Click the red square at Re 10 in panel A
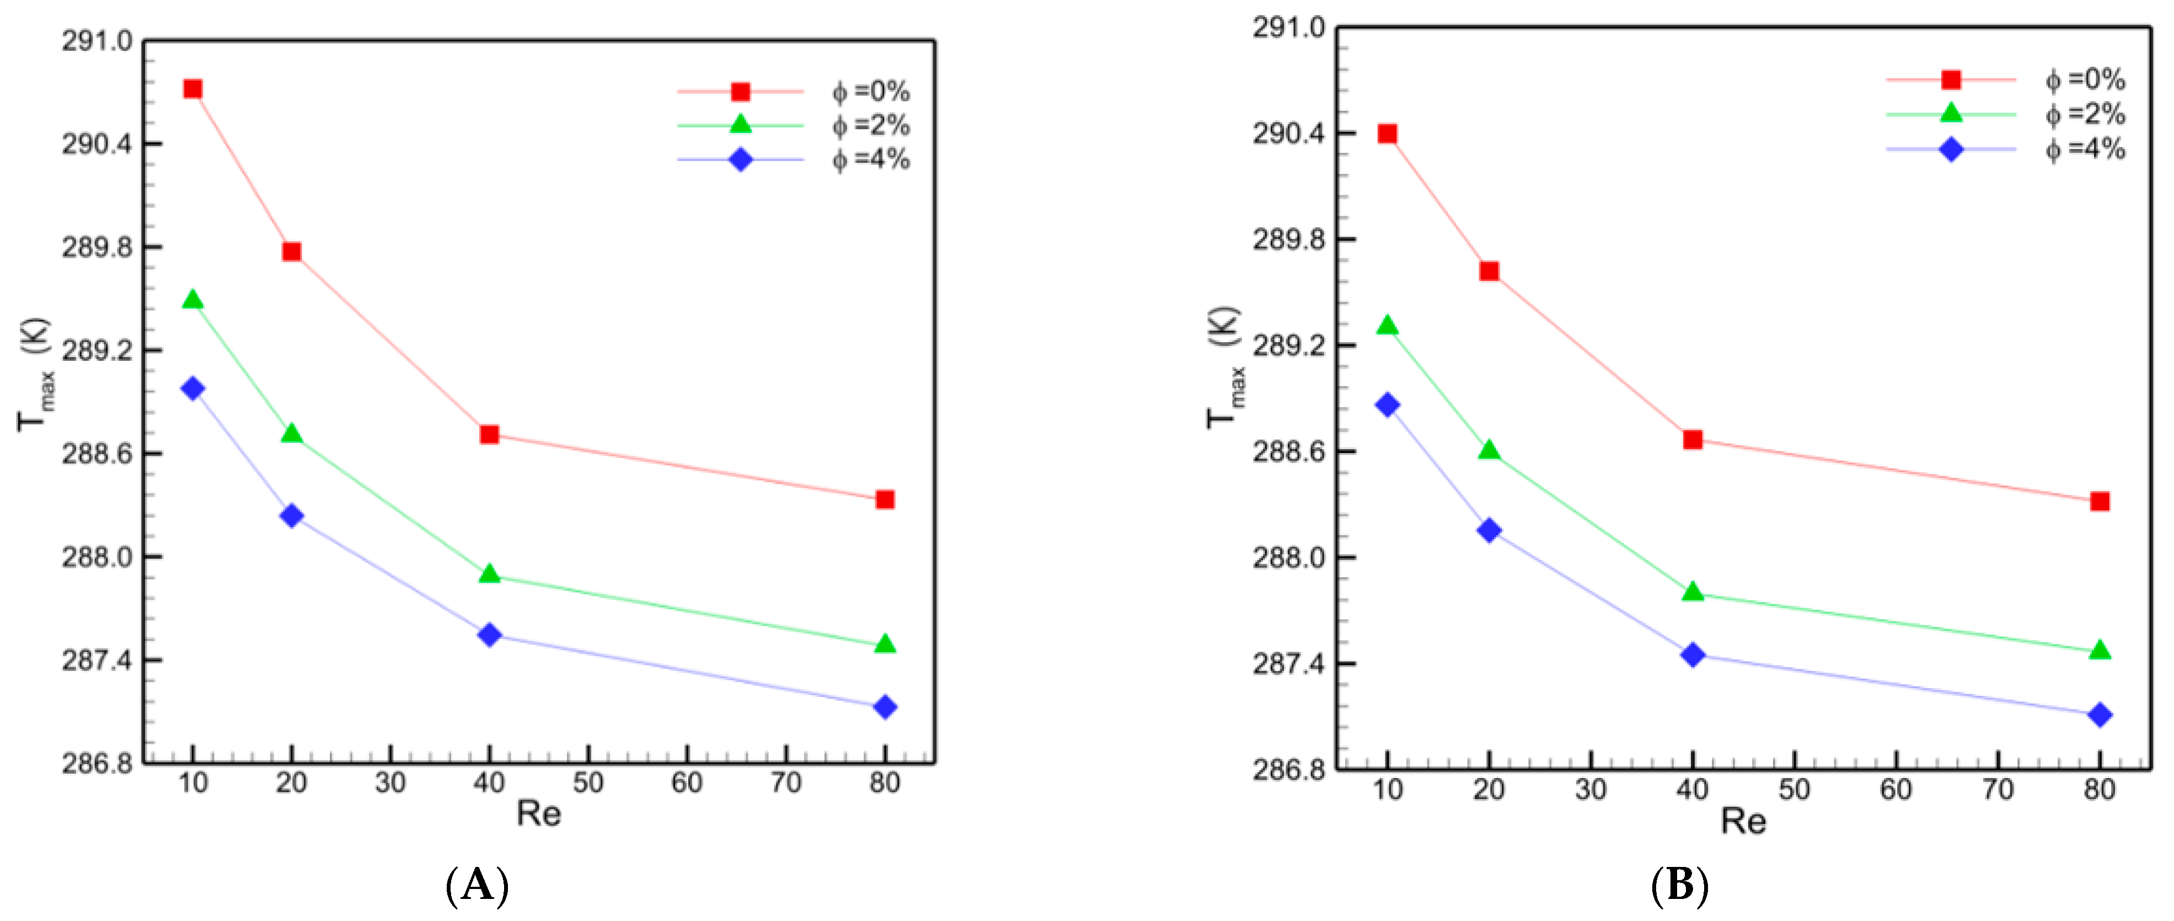192,89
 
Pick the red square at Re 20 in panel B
1488,271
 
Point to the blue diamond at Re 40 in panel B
1692,655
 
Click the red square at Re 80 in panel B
2100,502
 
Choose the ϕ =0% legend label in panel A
871,91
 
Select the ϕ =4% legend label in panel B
2085,150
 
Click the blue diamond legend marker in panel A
740,159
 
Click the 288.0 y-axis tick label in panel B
1289,558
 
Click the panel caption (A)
477,886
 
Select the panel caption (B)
1679,886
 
